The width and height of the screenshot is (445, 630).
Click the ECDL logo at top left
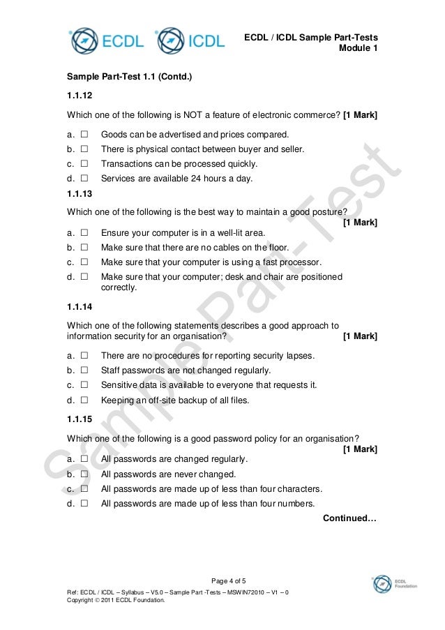tap(105, 40)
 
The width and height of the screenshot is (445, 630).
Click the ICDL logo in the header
tap(190, 40)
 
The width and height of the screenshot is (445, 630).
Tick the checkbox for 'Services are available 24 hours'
tap(84, 179)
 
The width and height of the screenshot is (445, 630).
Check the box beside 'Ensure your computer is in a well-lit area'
tap(84, 234)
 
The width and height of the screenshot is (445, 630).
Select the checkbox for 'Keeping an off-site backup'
tap(84, 400)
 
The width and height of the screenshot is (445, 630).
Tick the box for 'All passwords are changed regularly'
tap(84, 459)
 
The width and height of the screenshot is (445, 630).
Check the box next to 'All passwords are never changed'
tap(84, 474)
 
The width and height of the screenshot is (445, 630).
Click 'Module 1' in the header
tap(358, 49)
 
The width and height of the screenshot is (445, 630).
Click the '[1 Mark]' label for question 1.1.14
tap(361, 337)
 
